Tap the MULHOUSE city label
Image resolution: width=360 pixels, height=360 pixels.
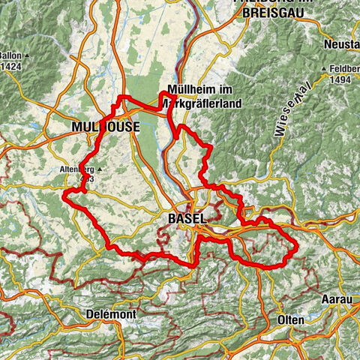pyautogui.click(x=105, y=128)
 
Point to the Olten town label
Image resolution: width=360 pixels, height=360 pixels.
pyautogui.click(x=290, y=320)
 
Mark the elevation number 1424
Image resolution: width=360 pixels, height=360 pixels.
pyautogui.click(x=11, y=65)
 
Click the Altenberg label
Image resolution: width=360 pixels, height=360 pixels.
pyautogui.click(x=75, y=169)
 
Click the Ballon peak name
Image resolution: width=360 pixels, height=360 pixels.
pyautogui.click(x=9, y=55)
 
